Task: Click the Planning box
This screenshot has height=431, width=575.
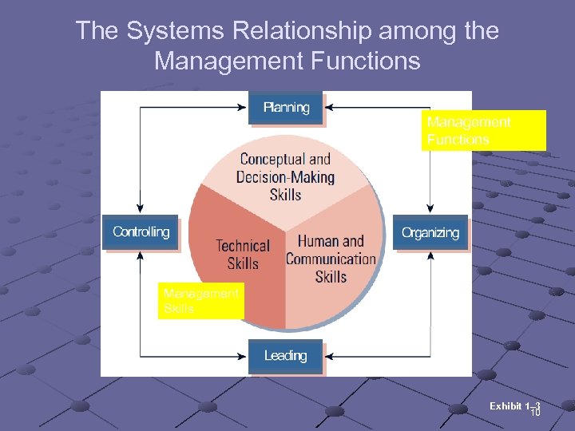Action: pyautogui.click(x=286, y=108)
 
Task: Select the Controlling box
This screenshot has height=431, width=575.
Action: pyautogui.click(x=141, y=232)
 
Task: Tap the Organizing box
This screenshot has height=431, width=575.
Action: pyautogui.click(x=430, y=232)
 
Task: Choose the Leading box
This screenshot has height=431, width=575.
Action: pyautogui.click(x=285, y=356)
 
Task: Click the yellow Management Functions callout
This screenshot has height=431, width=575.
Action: pyautogui.click(x=483, y=131)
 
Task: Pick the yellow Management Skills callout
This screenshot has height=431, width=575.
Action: pyautogui.click(x=200, y=302)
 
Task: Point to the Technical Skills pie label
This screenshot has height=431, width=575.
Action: pyautogui.click(x=243, y=255)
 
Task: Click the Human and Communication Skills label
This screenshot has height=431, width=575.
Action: pyautogui.click(x=331, y=259)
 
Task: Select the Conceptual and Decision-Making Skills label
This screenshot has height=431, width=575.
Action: pyautogui.click(x=285, y=176)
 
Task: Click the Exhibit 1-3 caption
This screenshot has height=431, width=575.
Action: pyautogui.click(x=515, y=407)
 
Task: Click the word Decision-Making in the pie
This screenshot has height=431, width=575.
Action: pyautogui.click(x=285, y=177)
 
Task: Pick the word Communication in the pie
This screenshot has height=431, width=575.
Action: pyautogui.click(x=331, y=259)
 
